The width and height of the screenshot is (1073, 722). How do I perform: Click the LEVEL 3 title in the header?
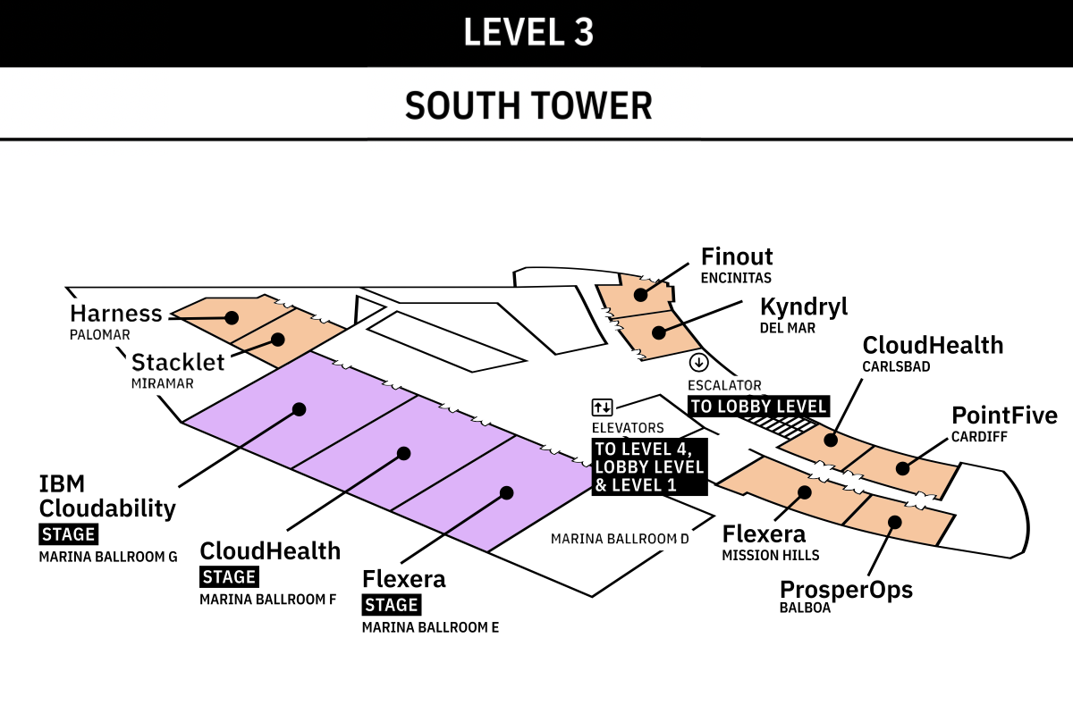pyautogui.click(x=528, y=32)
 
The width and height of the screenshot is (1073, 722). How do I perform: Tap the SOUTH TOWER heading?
pyautogui.click(x=528, y=105)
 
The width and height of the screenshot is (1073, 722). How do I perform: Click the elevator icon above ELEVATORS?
pyautogui.click(x=602, y=407)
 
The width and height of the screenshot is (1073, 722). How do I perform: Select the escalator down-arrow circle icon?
pyautogui.click(x=699, y=363)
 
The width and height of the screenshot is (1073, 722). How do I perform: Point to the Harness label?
pyautogui.click(x=116, y=314)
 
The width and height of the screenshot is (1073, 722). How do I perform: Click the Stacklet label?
pyautogui.click(x=178, y=362)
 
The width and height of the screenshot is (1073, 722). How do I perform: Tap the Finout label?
pyautogui.click(x=737, y=256)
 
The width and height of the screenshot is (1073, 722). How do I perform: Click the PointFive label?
pyautogui.click(x=1004, y=416)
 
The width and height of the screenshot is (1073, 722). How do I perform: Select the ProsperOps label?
pyautogui.click(x=847, y=590)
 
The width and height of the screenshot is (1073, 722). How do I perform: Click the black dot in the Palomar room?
pyautogui.click(x=232, y=317)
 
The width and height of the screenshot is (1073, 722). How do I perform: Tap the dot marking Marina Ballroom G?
pyautogui.click(x=300, y=409)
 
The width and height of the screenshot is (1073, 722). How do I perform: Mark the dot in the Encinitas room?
pyautogui.click(x=641, y=295)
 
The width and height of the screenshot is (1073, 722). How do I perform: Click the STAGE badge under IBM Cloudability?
pyautogui.click(x=69, y=534)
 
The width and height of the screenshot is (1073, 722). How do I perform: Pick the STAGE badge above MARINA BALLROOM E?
pyautogui.click(x=392, y=605)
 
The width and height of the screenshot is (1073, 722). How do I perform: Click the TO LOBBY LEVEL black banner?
pyautogui.click(x=759, y=406)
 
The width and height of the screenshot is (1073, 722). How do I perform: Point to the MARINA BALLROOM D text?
pyautogui.click(x=620, y=539)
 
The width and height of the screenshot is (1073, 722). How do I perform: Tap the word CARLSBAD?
pyautogui.click(x=896, y=366)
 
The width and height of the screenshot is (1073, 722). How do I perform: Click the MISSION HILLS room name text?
pyautogui.click(x=771, y=556)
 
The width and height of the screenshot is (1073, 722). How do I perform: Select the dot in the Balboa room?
pyautogui.click(x=895, y=522)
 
